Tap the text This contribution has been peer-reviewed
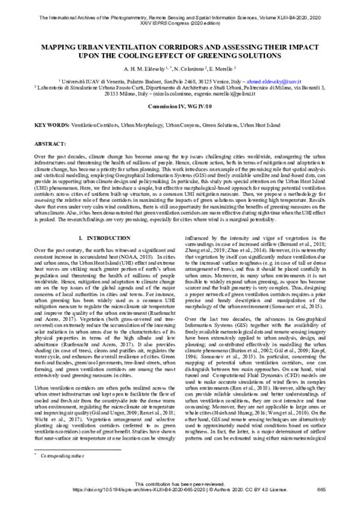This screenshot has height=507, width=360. [x=179, y=493]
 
